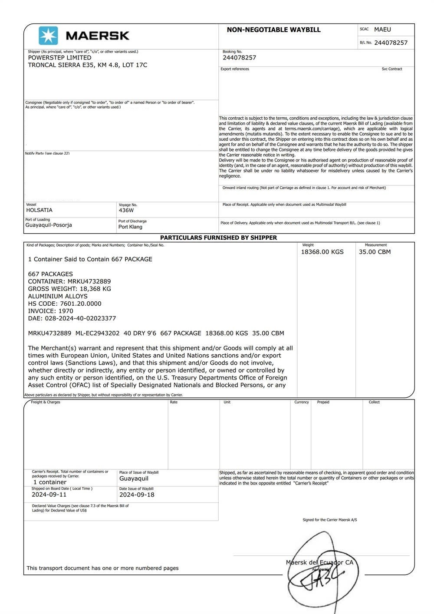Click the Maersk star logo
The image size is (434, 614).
(48, 36)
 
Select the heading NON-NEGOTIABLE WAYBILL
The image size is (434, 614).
(273, 30)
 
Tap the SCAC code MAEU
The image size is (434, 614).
(382, 30)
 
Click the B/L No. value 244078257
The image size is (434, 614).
(391, 43)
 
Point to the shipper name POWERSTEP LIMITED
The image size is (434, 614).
(59, 58)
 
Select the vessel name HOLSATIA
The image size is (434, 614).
(39, 210)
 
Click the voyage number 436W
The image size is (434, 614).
(126, 210)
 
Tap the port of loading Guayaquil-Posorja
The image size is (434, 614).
(49, 225)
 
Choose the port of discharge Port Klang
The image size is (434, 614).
(130, 227)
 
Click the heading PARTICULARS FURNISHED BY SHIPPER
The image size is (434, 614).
(218, 238)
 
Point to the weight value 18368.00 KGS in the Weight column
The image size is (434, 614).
(322, 252)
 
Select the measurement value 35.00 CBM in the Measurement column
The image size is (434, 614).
(375, 252)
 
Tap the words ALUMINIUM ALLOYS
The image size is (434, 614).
(58, 296)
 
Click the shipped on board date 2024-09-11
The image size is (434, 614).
(49, 495)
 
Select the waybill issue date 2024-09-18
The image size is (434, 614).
(137, 495)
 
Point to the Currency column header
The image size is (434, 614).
(302, 402)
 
